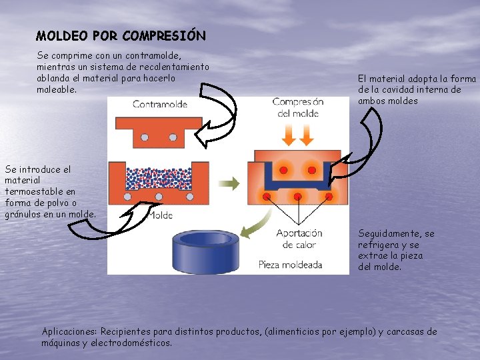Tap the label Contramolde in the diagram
pyautogui.click(x=160, y=104)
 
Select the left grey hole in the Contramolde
pyautogui.click(x=143, y=137)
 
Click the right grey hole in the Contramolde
pyautogui.click(x=173, y=137)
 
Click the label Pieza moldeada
pyautogui.click(x=290, y=265)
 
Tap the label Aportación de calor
pyautogui.click(x=299, y=239)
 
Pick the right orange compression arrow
pyautogui.click(x=307, y=135)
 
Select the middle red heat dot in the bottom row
pyautogui.click(x=298, y=197)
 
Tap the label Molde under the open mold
pyautogui.click(x=160, y=215)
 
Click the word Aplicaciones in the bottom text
pyautogui.click(x=69, y=331)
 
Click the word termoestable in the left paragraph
pyautogui.click(x=31, y=191)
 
